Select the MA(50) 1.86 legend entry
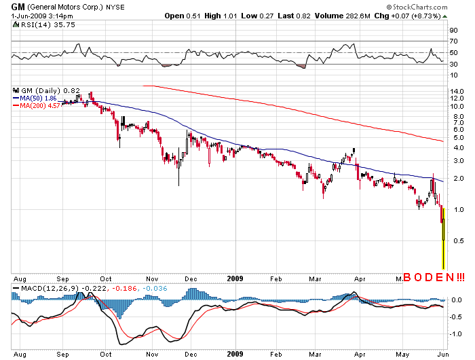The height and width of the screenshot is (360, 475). pyautogui.click(x=37, y=98)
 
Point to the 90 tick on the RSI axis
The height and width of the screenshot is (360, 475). pyautogui.click(x=453, y=31)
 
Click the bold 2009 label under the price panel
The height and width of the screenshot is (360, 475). pyautogui.click(x=235, y=277)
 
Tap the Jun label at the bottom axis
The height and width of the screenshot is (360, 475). pyautogui.click(x=442, y=355)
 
